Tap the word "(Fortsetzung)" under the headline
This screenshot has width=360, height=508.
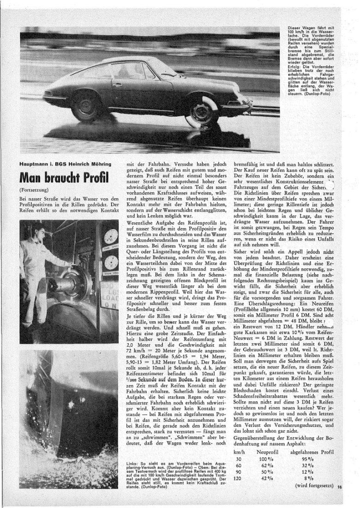point(33,190)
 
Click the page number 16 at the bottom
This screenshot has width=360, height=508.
point(339,486)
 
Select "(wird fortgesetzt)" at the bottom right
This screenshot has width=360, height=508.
point(312,486)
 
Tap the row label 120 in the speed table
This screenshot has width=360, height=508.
point(239,479)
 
